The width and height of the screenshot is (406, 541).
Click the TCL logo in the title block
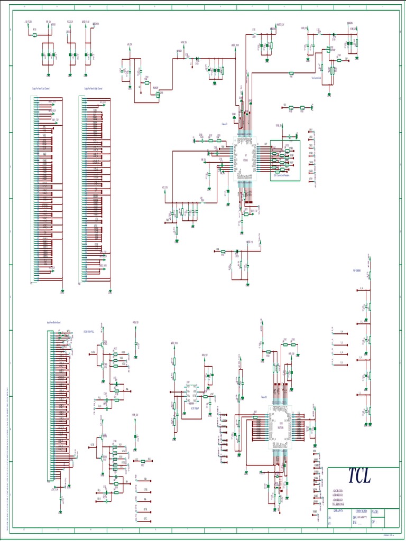[x=359, y=475]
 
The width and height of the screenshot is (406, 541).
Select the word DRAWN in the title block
[x=337, y=511]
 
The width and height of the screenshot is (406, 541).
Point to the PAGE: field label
[x=375, y=512]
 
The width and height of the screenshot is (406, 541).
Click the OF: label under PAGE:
[x=373, y=521]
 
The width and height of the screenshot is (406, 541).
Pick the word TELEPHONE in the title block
[x=338, y=504]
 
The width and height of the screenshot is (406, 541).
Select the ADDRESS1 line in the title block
[x=338, y=491]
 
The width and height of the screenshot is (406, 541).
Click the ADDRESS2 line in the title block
[x=338, y=495]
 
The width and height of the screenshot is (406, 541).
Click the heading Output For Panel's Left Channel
[x=41, y=89]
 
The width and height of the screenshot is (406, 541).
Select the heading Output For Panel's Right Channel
[x=93, y=89]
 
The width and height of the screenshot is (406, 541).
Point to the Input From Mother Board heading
[x=54, y=321]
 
